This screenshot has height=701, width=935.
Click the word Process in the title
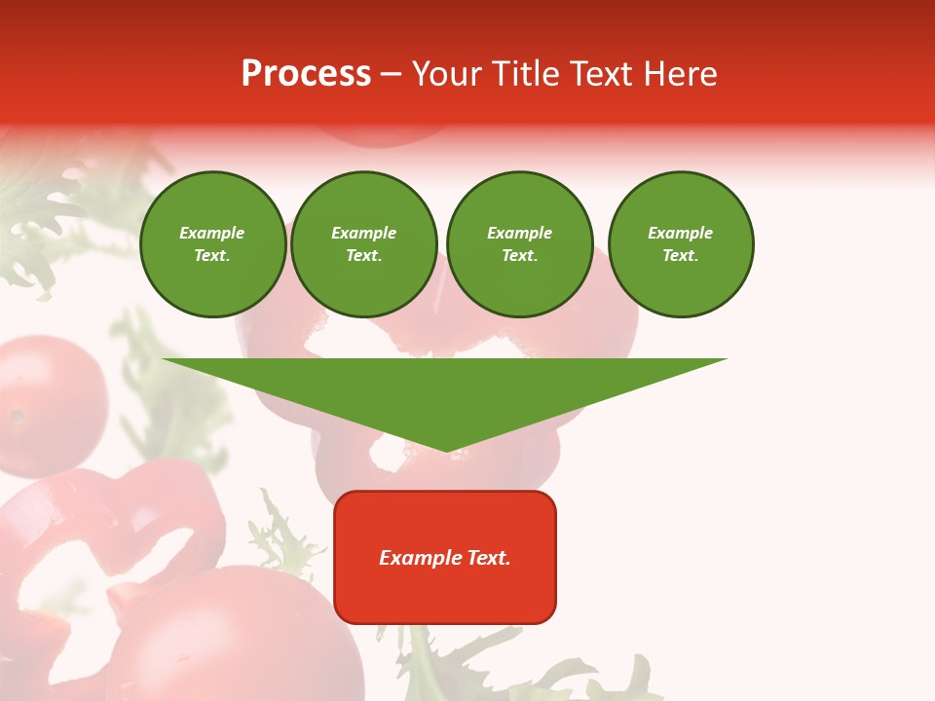tap(306, 74)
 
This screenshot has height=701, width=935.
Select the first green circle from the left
tap(212, 243)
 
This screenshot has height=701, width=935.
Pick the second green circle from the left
tap(363, 243)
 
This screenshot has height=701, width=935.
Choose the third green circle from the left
tap(519, 243)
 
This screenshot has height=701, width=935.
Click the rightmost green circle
tap(680, 243)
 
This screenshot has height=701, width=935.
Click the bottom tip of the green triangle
tap(446, 449)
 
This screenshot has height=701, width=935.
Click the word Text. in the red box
tap(488, 558)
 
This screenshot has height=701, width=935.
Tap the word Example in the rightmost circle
tap(680, 233)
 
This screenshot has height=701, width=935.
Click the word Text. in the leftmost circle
tap(212, 255)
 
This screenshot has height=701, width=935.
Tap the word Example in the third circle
tap(519, 233)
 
